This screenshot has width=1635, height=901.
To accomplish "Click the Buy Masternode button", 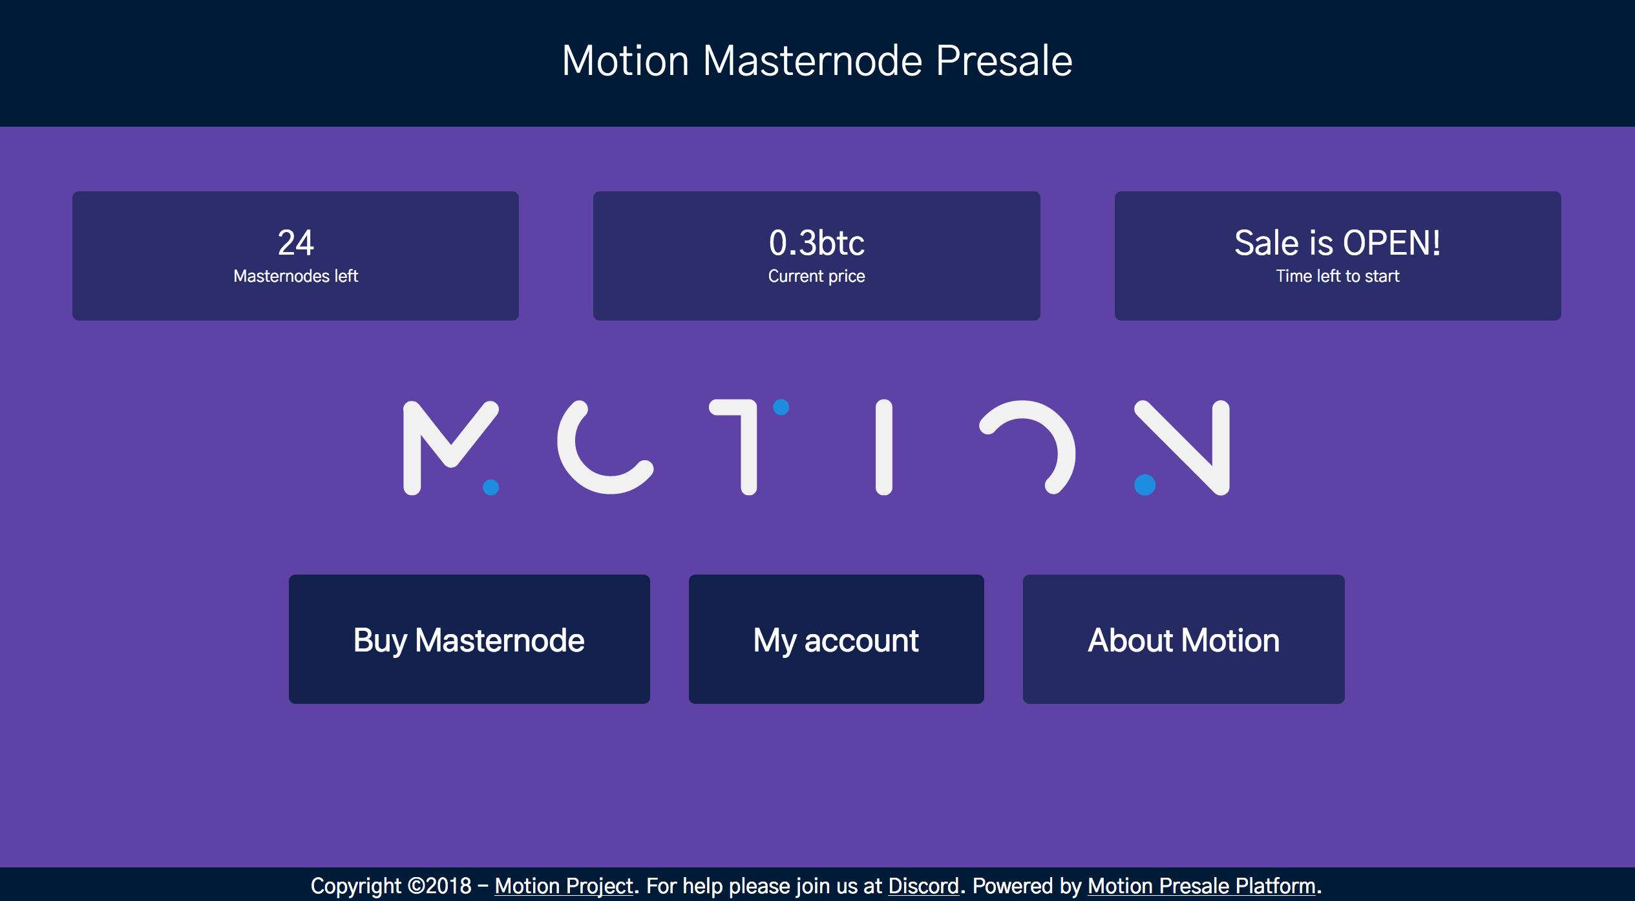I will click(x=469, y=639).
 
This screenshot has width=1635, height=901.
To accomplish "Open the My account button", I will click(x=836, y=639).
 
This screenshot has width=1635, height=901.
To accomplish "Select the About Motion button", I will click(x=1183, y=639).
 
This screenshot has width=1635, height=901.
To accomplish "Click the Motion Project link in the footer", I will click(x=564, y=885).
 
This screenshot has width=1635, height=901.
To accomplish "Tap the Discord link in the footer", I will click(x=923, y=885).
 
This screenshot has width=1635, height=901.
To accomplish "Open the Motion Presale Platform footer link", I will click(x=1201, y=885).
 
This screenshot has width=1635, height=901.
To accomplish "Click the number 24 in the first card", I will click(x=295, y=243).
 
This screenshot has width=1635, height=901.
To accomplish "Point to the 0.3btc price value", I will click(x=817, y=243).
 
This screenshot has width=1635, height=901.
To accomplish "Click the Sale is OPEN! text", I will click(x=1337, y=243).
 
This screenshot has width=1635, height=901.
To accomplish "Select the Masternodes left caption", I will click(x=295, y=276).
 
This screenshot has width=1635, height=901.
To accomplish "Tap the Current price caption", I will click(x=817, y=276).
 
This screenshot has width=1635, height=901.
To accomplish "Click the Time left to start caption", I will click(x=1337, y=276).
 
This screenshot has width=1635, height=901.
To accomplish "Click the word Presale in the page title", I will click(x=1004, y=61).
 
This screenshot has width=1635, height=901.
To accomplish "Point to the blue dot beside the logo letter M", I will click(x=491, y=487).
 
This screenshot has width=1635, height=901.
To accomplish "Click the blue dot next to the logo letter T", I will click(x=781, y=407).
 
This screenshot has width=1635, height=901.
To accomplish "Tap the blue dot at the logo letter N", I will click(x=1144, y=484).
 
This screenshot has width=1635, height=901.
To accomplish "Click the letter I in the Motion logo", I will click(x=883, y=447).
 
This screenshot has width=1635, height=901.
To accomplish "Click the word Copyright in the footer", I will click(x=355, y=885).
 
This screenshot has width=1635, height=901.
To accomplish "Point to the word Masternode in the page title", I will click(x=812, y=61).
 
